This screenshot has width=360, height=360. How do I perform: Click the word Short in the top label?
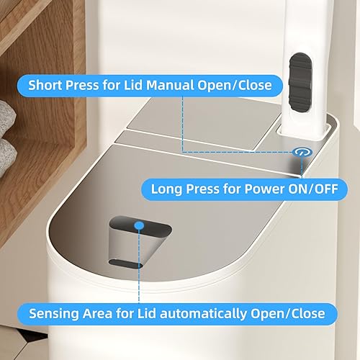pos(45,85)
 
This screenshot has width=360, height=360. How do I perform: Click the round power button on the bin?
pos(301,152)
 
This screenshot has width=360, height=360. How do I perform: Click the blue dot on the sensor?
pos(140,225)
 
